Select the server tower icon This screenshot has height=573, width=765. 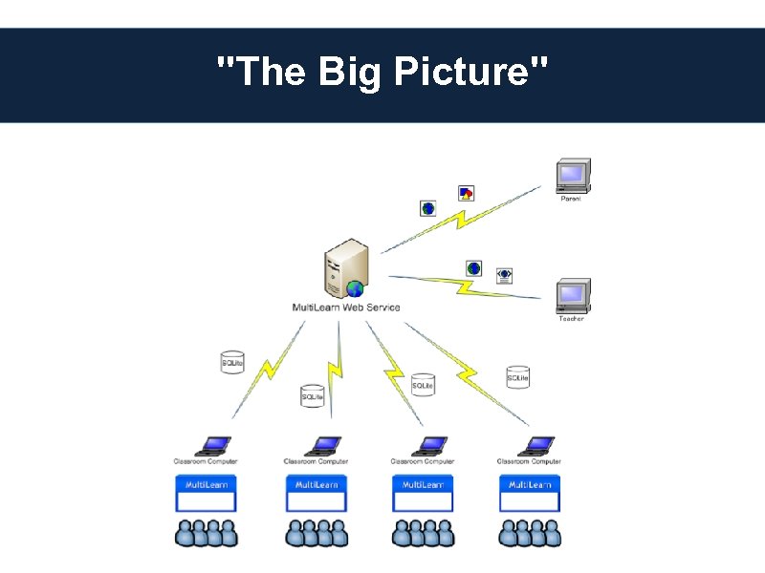(x=345, y=269)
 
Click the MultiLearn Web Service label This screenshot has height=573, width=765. (x=345, y=308)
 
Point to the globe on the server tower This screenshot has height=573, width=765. (x=355, y=288)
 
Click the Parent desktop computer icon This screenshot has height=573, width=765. (x=573, y=176)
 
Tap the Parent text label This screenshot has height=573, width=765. (x=571, y=199)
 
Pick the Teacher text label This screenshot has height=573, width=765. (x=571, y=318)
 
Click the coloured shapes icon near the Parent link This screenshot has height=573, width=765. (x=466, y=193)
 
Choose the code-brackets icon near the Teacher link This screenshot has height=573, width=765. (x=504, y=275)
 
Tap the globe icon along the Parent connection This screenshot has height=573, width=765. (x=427, y=208)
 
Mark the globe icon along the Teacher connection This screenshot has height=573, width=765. (x=473, y=268)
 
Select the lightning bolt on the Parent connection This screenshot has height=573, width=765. (x=459, y=221)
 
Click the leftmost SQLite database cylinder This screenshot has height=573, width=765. (x=232, y=362)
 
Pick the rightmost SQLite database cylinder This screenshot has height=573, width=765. (x=517, y=377)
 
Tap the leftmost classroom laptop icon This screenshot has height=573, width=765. (x=212, y=446)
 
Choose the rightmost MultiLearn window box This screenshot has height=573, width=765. (x=530, y=493)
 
